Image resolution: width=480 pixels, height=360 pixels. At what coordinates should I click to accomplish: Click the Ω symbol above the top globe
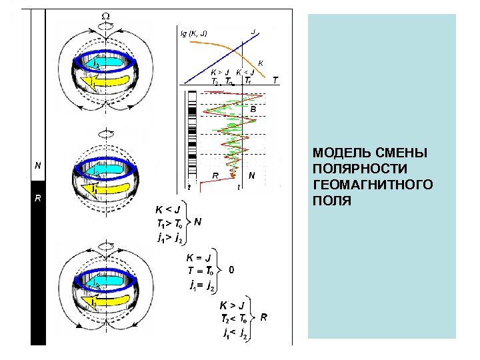[107, 15]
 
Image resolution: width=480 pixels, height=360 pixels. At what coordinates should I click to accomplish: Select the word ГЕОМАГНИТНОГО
[372, 185]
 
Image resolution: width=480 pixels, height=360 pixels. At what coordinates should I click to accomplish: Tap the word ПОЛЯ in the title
[330, 200]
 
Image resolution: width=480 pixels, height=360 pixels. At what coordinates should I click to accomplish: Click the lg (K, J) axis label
[194, 33]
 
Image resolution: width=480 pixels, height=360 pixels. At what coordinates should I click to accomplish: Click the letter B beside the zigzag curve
[253, 108]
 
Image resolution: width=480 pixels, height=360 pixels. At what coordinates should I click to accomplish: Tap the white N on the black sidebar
[38, 165]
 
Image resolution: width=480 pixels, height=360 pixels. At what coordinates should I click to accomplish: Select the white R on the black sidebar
[38, 198]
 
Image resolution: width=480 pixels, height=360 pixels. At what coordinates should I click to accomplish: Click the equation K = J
[199, 257]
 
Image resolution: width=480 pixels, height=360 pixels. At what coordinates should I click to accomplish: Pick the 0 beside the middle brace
[231, 270]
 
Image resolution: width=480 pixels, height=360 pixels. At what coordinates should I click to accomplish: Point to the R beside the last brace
[264, 318]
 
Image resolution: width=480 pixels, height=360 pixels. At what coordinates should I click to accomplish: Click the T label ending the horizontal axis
[275, 79]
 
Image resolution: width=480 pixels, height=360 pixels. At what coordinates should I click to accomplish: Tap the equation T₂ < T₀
[234, 318]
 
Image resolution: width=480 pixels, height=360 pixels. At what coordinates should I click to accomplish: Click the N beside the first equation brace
[197, 222]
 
